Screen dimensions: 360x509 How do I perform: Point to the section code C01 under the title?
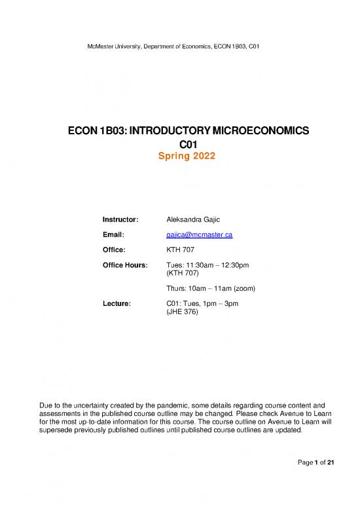click(179, 144)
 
